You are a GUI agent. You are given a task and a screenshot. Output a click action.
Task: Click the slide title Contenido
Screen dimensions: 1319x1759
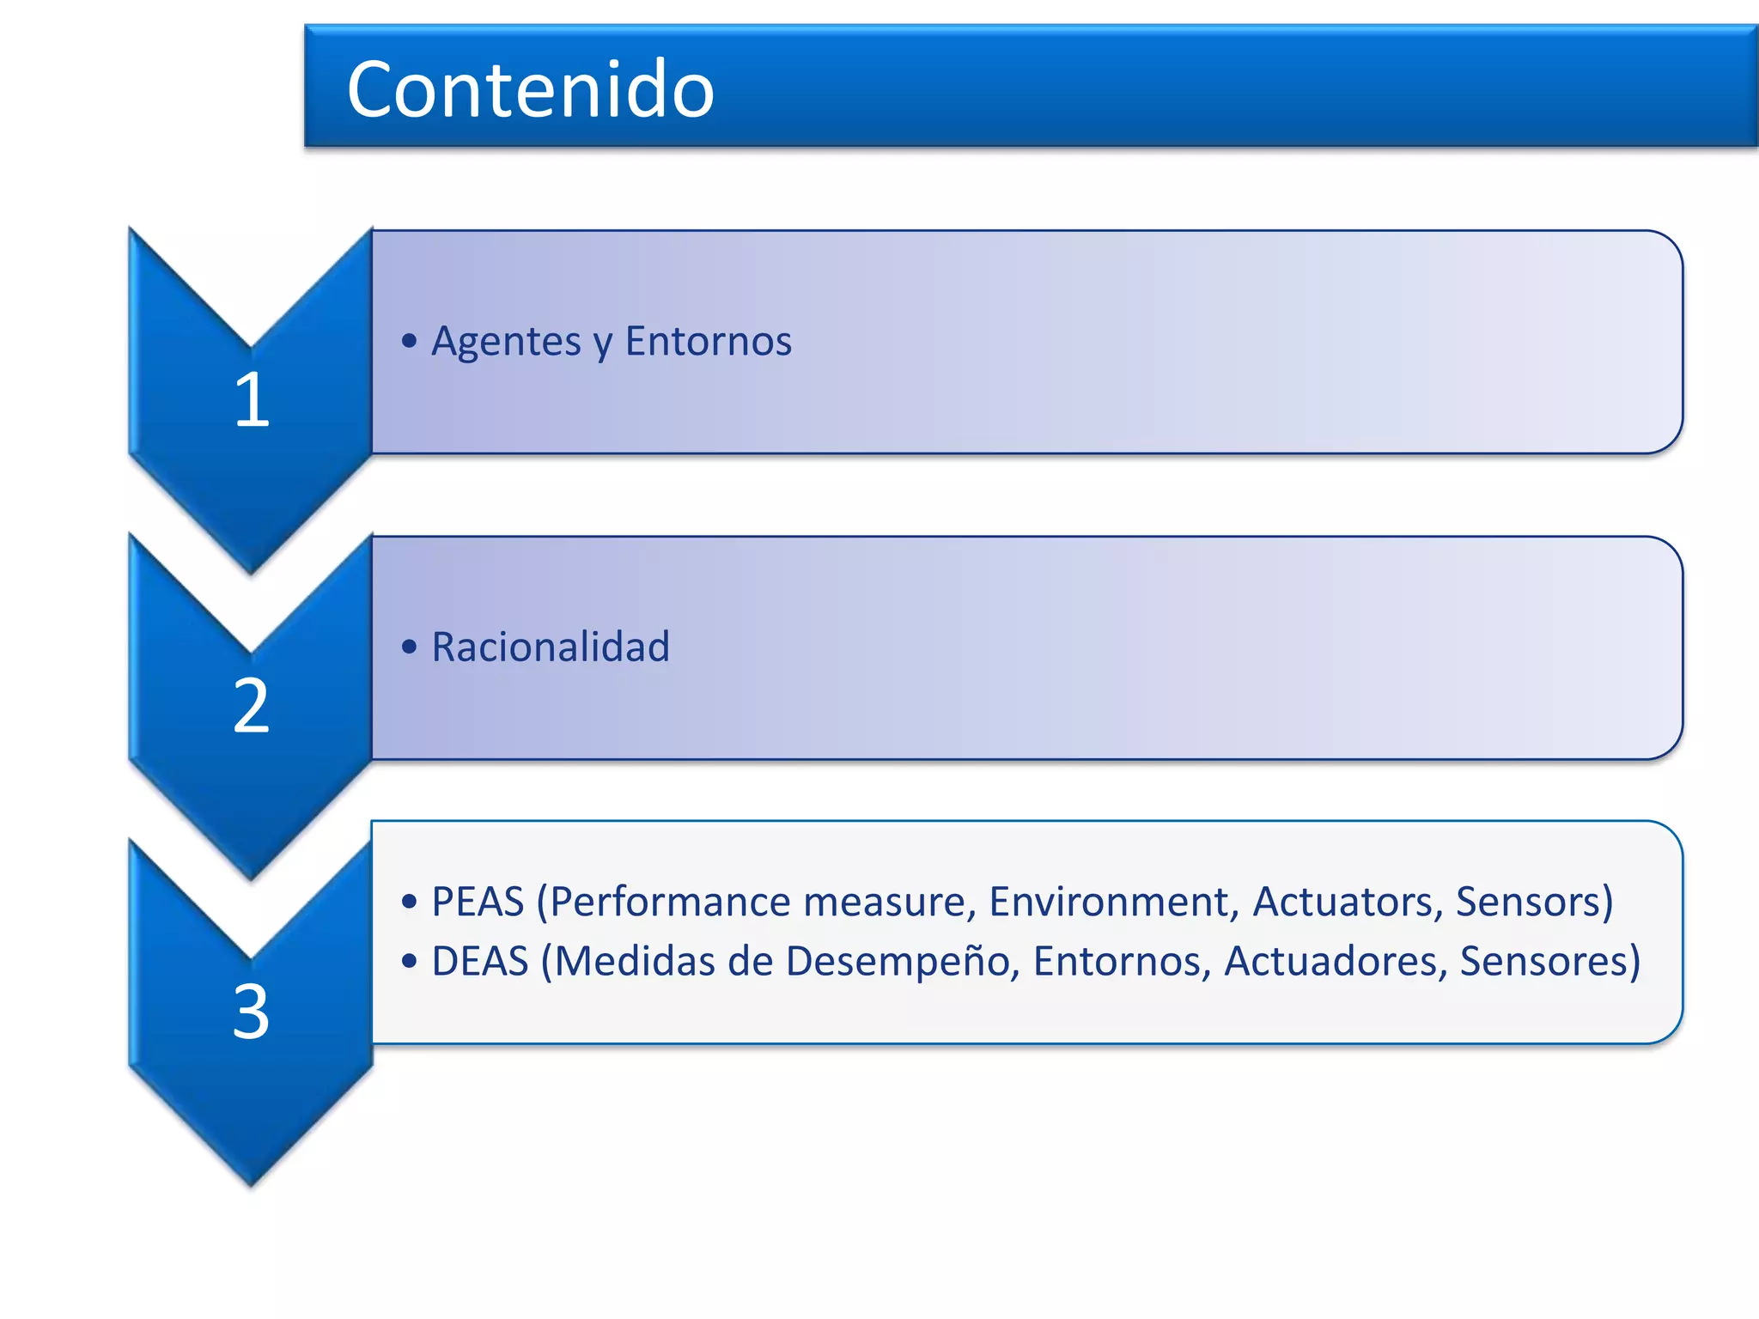tap(530, 89)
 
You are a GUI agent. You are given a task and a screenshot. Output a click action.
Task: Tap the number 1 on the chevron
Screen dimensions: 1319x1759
tap(252, 399)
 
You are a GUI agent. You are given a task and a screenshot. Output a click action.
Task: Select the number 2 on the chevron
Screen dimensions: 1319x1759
tap(252, 705)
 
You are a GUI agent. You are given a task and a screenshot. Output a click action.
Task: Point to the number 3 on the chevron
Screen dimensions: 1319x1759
tap(252, 1012)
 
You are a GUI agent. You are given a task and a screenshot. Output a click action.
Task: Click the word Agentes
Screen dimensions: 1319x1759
tap(506, 342)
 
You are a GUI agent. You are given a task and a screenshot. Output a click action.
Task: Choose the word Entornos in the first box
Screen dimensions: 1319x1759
tap(708, 341)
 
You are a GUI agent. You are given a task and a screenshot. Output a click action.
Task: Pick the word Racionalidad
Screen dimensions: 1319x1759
tap(550, 647)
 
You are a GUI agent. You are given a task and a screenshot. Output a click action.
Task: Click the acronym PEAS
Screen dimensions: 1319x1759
tap(478, 902)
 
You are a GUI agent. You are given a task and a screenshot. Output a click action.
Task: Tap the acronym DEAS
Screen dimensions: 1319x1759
tap(479, 961)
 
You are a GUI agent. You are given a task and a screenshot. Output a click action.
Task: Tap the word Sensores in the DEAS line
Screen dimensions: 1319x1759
tap(1543, 961)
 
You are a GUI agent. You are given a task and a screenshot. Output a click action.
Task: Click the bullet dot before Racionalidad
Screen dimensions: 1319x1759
tap(410, 647)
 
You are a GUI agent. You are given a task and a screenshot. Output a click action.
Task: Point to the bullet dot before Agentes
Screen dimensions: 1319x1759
tap(410, 342)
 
